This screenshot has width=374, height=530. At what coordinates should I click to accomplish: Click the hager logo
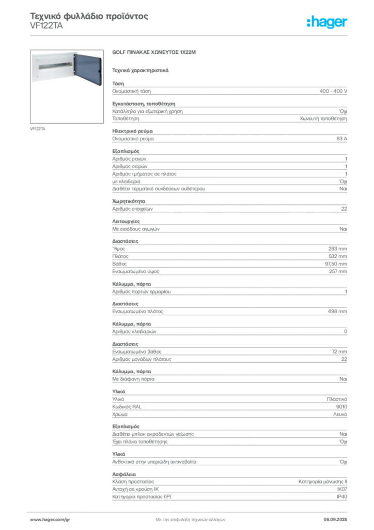click(x=326, y=22)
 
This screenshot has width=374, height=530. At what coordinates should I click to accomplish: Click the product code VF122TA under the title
click(x=46, y=26)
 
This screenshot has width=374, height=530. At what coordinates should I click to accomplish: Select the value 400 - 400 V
click(x=333, y=91)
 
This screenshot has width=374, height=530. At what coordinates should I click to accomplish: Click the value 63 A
click(x=341, y=139)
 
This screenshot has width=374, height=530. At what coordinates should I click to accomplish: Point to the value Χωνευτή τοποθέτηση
click(x=323, y=119)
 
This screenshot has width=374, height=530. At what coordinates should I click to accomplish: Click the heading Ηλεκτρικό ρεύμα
click(x=132, y=131)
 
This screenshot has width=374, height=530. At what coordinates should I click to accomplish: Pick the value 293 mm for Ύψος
click(x=337, y=249)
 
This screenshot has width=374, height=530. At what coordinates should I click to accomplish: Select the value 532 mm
click(x=337, y=256)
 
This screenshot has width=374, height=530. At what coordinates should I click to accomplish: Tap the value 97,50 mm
click(x=336, y=263)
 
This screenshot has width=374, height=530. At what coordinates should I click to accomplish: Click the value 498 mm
click(x=337, y=311)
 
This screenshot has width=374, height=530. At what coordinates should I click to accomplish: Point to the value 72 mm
click(x=339, y=351)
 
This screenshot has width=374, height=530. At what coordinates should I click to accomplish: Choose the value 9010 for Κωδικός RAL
click(x=341, y=407)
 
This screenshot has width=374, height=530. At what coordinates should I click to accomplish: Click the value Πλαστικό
click(x=337, y=399)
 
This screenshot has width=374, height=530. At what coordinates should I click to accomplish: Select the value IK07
click(x=342, y=489)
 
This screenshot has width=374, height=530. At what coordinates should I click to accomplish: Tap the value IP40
click(x=342, y=496)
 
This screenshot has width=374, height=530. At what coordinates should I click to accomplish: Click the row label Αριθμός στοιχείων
click(x=132, y=209)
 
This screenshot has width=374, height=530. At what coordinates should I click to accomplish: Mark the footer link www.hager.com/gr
click(x=50, y=520)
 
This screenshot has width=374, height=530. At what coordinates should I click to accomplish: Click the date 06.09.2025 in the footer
click(x=335, y=520)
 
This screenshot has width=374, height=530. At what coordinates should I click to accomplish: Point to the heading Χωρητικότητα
click(x=129, y=201)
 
